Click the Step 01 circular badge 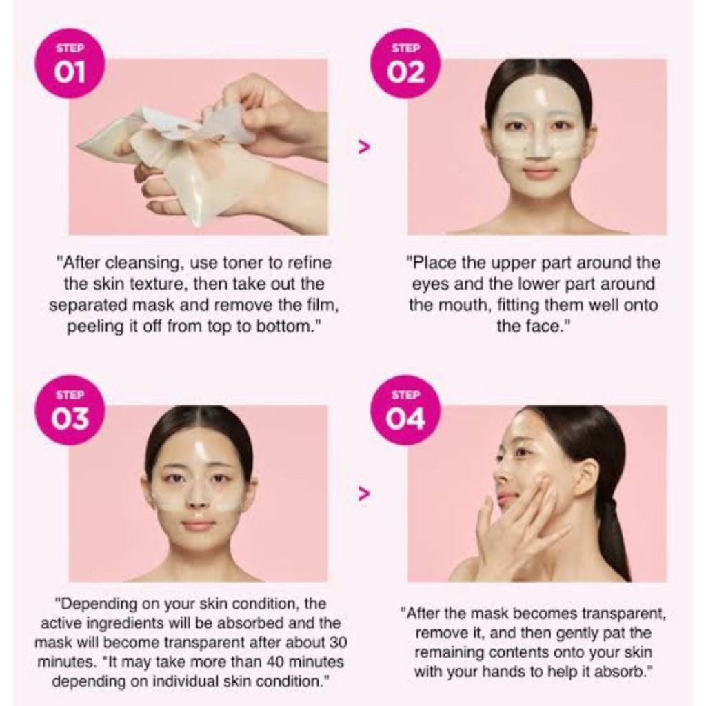pyautogui.click(x=70, y=63)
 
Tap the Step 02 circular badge pyautogui.click(x=405, y=63)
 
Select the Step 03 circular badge pyautogui.click(x=70, y=410)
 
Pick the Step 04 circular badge pyautogui.click(x=405, y=410)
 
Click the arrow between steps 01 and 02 pyautogui.click(x=363, y=147)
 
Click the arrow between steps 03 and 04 pyautogui.click(x=363, y=494)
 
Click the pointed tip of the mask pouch pyautogui.click(x=77, y=146)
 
